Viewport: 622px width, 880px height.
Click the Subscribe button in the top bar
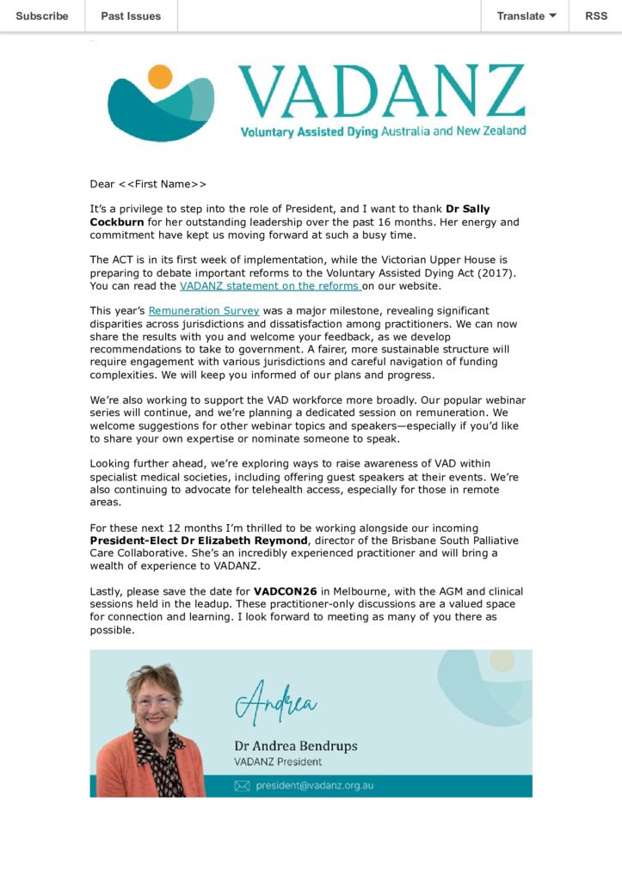42,16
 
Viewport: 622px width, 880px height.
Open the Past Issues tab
131,16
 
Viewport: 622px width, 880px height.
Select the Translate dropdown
526,16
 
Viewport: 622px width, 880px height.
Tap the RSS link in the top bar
595,16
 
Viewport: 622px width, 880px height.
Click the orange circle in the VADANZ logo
160,77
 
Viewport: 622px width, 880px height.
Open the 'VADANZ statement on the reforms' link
270,286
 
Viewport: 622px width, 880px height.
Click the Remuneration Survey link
204,311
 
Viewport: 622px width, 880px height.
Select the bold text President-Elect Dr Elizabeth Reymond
198,541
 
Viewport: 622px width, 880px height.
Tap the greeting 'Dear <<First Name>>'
148,184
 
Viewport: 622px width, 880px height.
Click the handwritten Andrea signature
275,702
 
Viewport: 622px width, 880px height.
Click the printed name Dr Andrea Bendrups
295,745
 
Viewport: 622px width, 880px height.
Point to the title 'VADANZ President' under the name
278,761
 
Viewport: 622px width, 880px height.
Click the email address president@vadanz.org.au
315,785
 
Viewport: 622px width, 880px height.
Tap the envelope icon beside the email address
242,785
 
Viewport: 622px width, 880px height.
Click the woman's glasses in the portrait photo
155,701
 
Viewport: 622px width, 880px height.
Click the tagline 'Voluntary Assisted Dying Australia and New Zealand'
383,131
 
